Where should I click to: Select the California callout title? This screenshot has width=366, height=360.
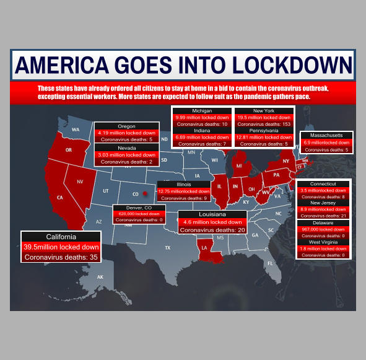(61, 237)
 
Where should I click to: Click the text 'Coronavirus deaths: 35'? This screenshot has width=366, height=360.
(61, 256)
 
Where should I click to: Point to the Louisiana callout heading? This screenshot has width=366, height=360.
(212, 214)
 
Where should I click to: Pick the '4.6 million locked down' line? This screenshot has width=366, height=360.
(212, 222)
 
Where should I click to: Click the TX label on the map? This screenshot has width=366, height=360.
(167, 247)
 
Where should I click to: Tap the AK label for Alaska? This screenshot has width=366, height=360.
(100, 276)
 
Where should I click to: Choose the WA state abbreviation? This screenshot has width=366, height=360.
(76, 130)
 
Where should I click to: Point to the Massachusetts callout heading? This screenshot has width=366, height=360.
(326, 136)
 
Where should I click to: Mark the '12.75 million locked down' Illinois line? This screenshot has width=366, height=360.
(184, 191)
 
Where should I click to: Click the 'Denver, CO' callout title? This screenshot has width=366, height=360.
(139, 208)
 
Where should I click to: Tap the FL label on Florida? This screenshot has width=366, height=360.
(270, 263)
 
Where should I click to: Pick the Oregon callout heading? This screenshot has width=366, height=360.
(126, 126)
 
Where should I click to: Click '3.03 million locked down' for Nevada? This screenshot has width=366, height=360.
(126, 154)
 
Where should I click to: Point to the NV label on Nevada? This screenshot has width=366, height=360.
(80, 182)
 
